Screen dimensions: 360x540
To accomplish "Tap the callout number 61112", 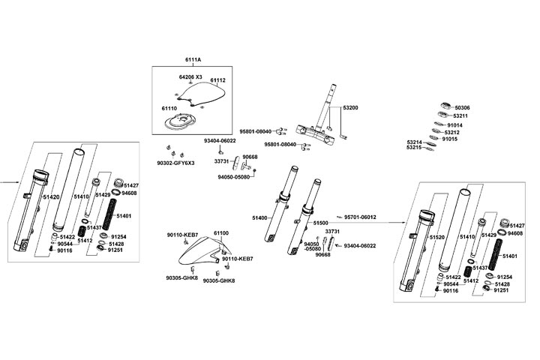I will (218, 80).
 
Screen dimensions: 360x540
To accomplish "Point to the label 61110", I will (169, 108).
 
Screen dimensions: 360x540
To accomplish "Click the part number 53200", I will (351, 108).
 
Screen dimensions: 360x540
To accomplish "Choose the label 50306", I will (460, 108).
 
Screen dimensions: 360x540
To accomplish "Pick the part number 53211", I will (460, 116).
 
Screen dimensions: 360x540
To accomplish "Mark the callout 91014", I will (455, 125).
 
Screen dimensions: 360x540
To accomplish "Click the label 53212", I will (451, 133).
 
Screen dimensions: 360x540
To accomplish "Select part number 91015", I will (450, 139).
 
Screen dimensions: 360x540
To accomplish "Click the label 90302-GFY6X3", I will (175, 163).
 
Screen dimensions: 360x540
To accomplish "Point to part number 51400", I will (260, 217).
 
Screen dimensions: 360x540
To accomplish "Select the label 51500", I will (321, 223).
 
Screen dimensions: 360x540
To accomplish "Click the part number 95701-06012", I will (361, 217).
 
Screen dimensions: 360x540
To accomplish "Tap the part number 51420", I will (50, 197).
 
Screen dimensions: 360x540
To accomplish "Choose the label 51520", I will (438, 236).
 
